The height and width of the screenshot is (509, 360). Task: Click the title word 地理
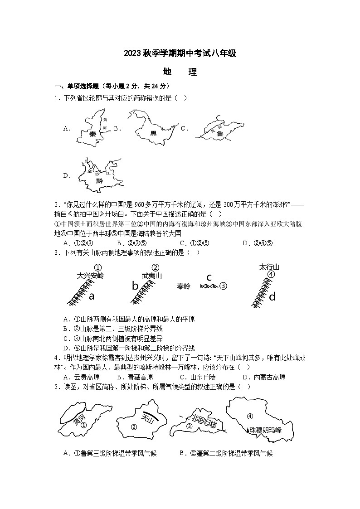(180, 72)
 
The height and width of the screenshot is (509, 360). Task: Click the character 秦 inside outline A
(92, 134)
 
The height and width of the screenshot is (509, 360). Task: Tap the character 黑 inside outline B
(153, 133)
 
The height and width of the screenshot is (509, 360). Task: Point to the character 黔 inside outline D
(99, 181)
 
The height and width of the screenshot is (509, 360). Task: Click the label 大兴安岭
(90, 275)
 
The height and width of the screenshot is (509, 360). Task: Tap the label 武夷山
(151, 275)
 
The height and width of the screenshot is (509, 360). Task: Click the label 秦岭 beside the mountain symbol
(184, 286)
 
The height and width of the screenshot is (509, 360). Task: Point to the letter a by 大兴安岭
(91, 296)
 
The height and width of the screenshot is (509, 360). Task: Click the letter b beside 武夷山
(135, 286)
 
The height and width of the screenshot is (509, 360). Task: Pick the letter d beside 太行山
(272, 297)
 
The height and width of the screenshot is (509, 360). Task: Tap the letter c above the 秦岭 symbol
(209, 277)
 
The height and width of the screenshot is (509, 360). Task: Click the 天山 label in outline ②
(148, 418)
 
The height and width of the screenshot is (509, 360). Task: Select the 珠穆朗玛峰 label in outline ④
(265, 430)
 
